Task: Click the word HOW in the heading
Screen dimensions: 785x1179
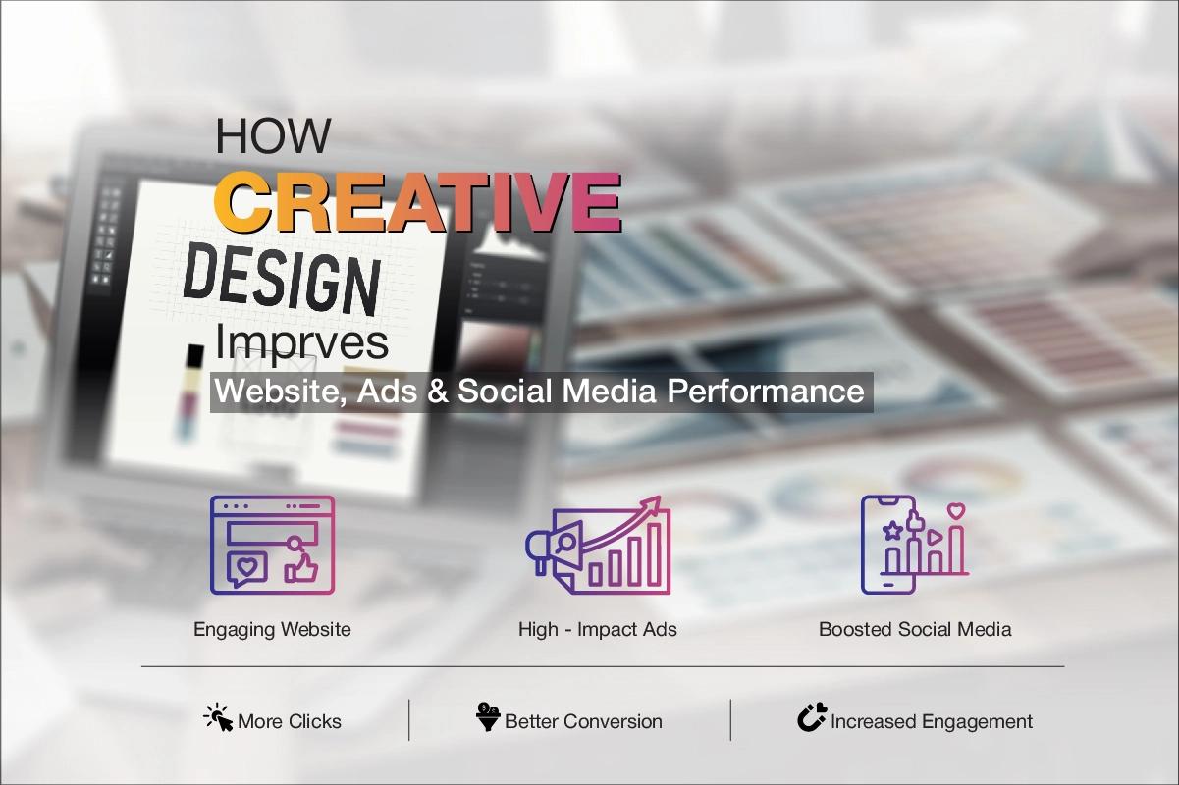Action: [273, 135]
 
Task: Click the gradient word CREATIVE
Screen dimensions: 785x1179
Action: [417, 200]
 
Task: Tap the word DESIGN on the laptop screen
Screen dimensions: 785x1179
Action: [281, 279]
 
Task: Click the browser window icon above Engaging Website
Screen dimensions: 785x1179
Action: [272, 545]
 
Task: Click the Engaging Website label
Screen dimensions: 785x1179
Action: [272, 629]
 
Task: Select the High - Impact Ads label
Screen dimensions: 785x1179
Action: [597, 629]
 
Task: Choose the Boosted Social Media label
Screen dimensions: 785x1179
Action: [915, 629]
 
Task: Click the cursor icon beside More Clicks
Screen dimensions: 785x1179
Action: [218, 718]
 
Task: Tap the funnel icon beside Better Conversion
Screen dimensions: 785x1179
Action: [487, 718]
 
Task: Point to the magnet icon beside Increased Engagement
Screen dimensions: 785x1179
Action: [811, 718]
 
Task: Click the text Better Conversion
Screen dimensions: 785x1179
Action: [583, 722]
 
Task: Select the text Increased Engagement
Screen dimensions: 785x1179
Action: [931, 722]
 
